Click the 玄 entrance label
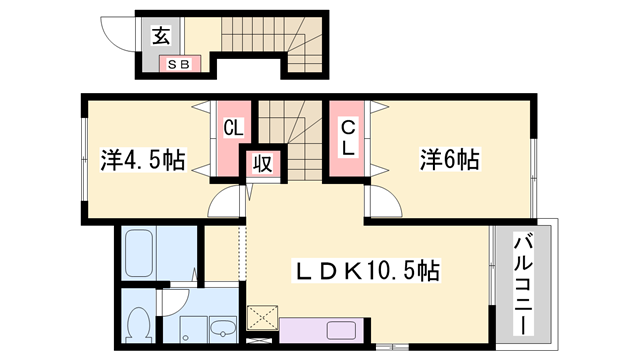tap(161, 36)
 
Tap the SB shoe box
tap(180, 64)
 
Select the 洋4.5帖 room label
tap(143, 160)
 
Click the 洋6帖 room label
tap(450, 159)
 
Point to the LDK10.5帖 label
tap(366, 270)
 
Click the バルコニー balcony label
tap(523, 284)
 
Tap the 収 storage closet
tap(263, 164)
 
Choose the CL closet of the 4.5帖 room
tap(233, 139)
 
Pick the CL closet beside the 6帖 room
tap(347, 139)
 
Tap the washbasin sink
tap(223, 329)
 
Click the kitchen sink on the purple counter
tap(341, 331)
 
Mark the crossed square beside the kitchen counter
tap(262, 317)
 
